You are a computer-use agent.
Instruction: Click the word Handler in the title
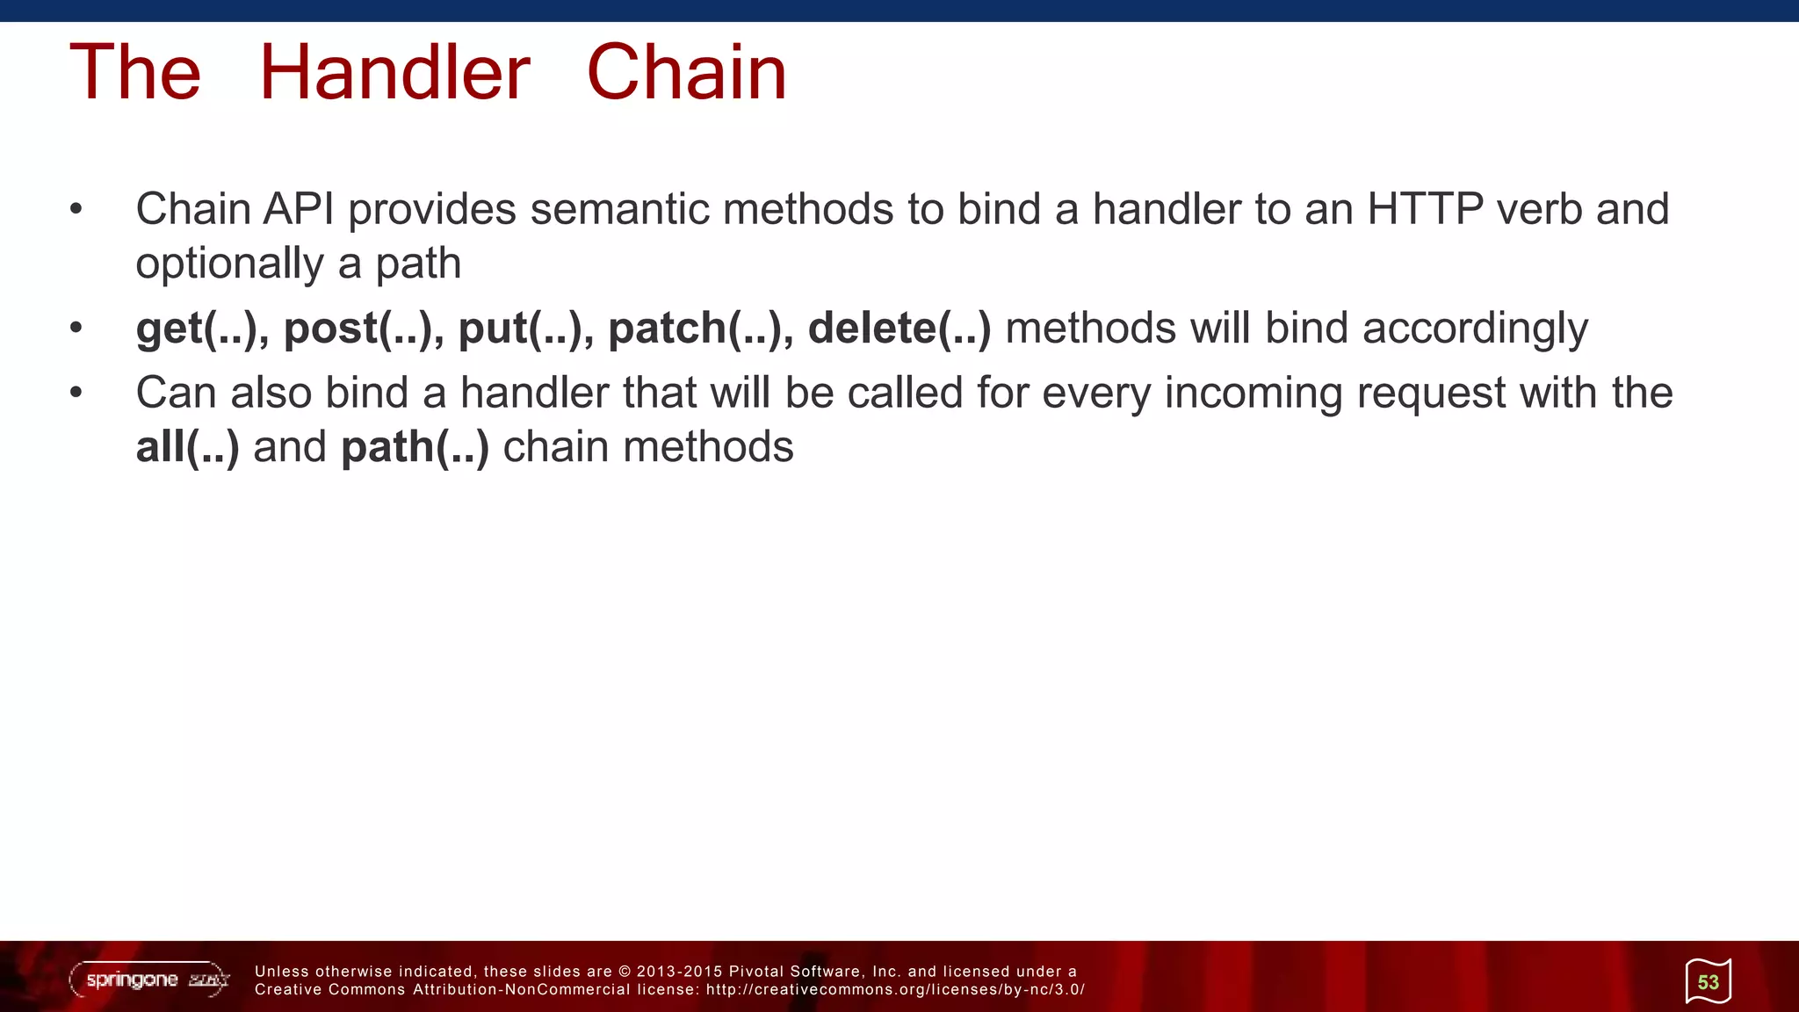(x=394, y=73)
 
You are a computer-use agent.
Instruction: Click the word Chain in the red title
(x=686, y=73)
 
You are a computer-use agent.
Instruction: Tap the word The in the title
(x=135, y=73)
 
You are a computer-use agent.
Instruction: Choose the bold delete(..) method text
(x=899, y=329)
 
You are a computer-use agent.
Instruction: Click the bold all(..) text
(x=187, y=447)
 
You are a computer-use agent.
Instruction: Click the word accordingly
(x=1475, y=329)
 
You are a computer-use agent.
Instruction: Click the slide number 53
(x=1708, y=982)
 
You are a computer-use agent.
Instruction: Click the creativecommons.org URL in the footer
(x=895, y=990)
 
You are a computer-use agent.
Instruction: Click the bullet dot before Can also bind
(x=76, y=393)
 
